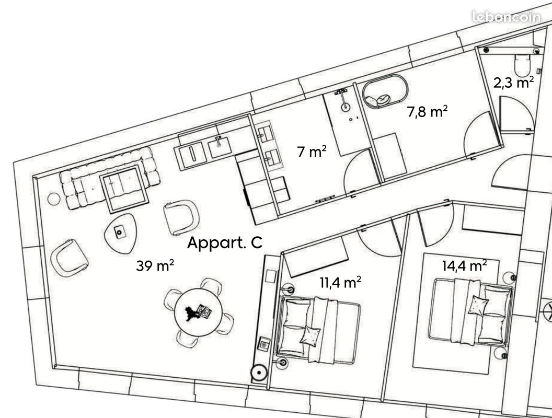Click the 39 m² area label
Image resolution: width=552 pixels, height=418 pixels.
(x=155, y=265)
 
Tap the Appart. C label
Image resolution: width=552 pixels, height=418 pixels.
(x=225, y=243)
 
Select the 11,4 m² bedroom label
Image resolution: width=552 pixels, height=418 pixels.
(x=340, y=282)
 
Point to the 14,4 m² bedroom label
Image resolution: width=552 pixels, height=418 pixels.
(x=465, y=265)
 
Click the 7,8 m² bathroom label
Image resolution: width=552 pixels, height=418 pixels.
(x=428, y=111)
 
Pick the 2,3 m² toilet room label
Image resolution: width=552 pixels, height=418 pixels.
(x=514, y=83)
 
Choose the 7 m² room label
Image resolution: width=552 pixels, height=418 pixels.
(x=312, y=152)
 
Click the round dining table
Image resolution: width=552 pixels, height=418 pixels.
(x=198, y=312)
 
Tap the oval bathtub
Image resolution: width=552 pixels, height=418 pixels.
(x=385, y=91)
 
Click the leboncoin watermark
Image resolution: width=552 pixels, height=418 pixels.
(x=507, y=17)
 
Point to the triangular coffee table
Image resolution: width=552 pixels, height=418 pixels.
(x=120, y=233)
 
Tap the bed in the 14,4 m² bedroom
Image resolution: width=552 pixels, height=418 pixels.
(x=470, y=311)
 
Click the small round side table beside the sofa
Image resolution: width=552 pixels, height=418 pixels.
(x=54, y=199)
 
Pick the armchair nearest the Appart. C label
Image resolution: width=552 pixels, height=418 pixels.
(x=181, y=217)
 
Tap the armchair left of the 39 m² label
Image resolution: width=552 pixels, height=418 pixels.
(x=70, y=258)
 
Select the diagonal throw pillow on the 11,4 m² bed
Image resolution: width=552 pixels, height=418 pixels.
(x=310, y=335)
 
